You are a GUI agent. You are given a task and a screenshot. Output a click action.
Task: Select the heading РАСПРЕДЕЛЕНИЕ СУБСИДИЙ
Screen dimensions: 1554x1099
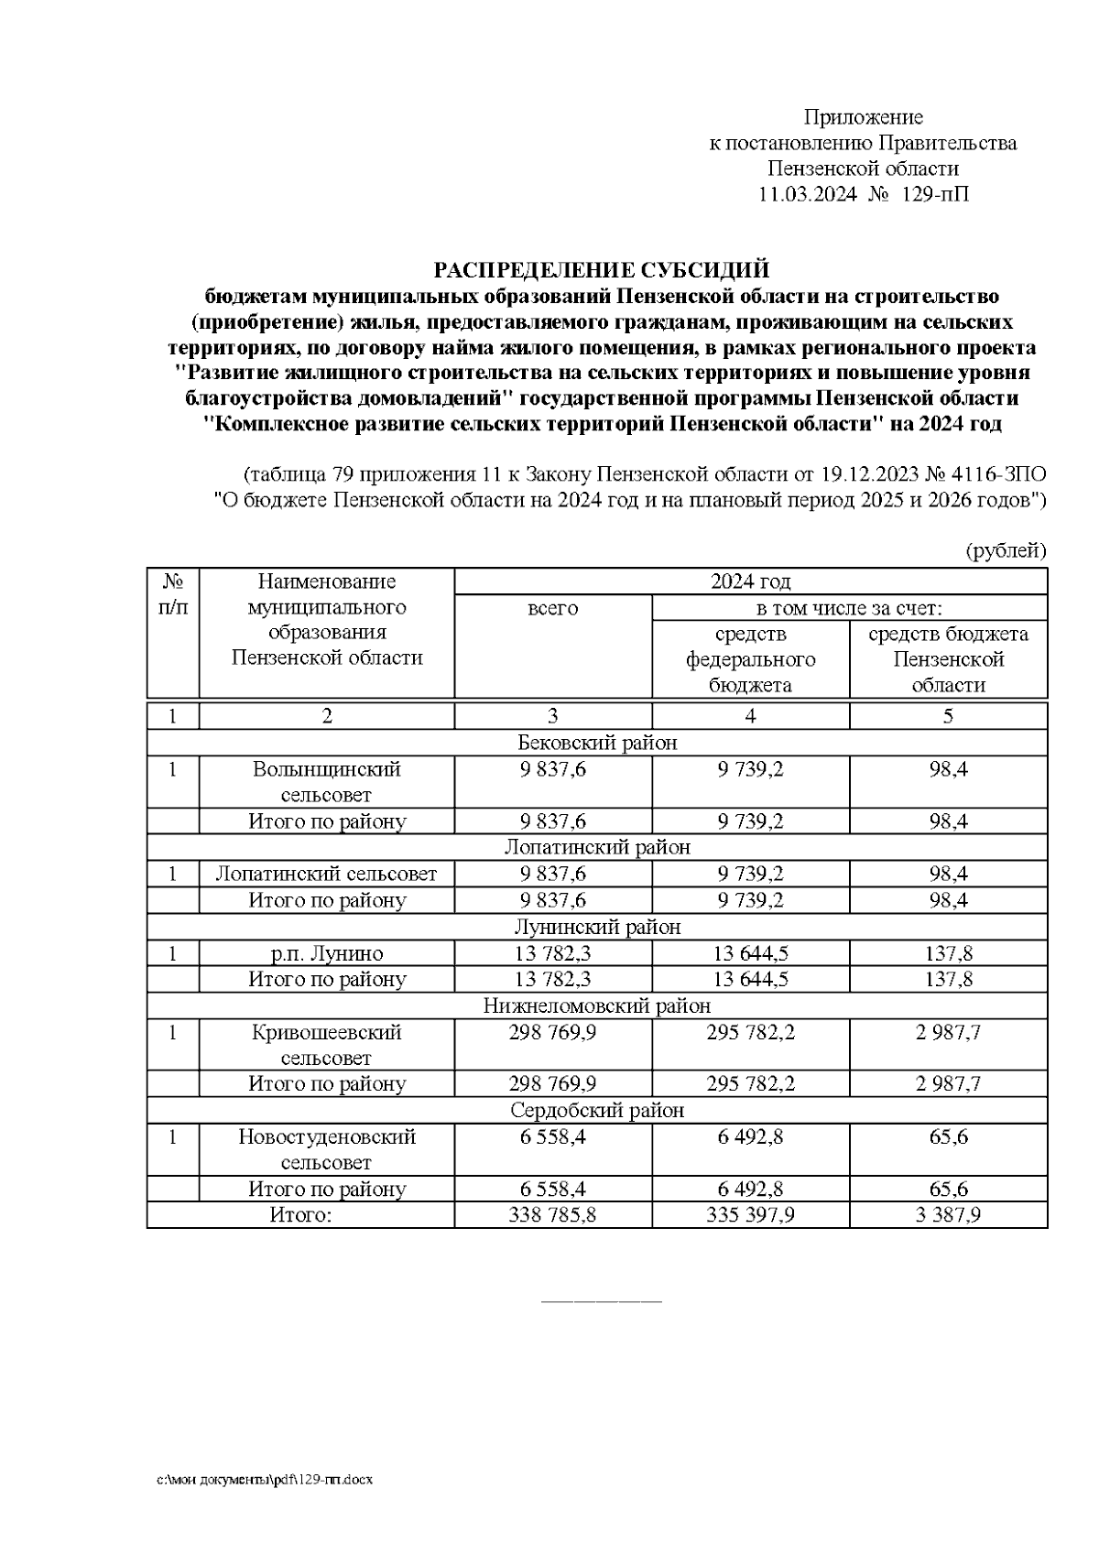(x=601, y=270)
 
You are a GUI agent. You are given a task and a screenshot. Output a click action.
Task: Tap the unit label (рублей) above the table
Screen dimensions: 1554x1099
(x=1005, y=550)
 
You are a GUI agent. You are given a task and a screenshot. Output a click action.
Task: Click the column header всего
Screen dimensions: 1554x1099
(x=553, y=608)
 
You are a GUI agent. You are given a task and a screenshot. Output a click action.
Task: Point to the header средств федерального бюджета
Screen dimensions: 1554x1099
(x=750, y=659)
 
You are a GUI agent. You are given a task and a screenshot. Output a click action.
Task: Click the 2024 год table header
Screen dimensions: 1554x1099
(x=750, y=581)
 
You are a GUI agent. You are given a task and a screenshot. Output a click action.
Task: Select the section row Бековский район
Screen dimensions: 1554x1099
(x=597, y=743)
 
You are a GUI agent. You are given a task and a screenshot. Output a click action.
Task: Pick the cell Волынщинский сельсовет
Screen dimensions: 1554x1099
(x=327, y=782)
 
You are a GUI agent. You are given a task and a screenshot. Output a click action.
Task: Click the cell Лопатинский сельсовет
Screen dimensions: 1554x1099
(x=326, y=874)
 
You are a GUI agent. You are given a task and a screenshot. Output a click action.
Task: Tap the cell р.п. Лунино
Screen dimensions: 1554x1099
(x=327, y=953)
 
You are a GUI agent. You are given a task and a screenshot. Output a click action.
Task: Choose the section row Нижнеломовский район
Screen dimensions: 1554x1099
(x=597, y=1005)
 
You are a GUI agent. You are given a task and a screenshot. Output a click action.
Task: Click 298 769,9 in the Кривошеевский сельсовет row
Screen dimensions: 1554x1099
(x=553, y=1033)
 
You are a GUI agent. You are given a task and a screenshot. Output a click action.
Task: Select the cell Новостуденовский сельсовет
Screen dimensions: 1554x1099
(x=327, y=1149)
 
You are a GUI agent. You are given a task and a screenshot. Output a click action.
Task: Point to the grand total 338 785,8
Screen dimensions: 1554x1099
(x=553, y=1215)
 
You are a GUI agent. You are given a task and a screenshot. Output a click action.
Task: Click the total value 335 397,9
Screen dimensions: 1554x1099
(x=750, y=1215)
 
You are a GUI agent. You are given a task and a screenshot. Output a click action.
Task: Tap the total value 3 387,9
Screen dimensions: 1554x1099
(x=948, y=1215)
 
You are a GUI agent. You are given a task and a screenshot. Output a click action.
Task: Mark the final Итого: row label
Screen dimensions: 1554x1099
(x=299, y=1215)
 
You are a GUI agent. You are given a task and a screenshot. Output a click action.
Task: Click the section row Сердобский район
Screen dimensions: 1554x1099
(x=597, y=1111)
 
